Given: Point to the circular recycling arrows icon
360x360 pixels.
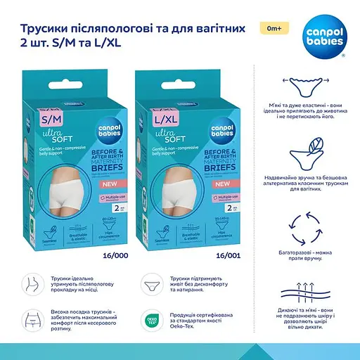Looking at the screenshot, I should [305, 234].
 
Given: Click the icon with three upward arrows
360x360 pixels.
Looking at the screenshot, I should [305, 294].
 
